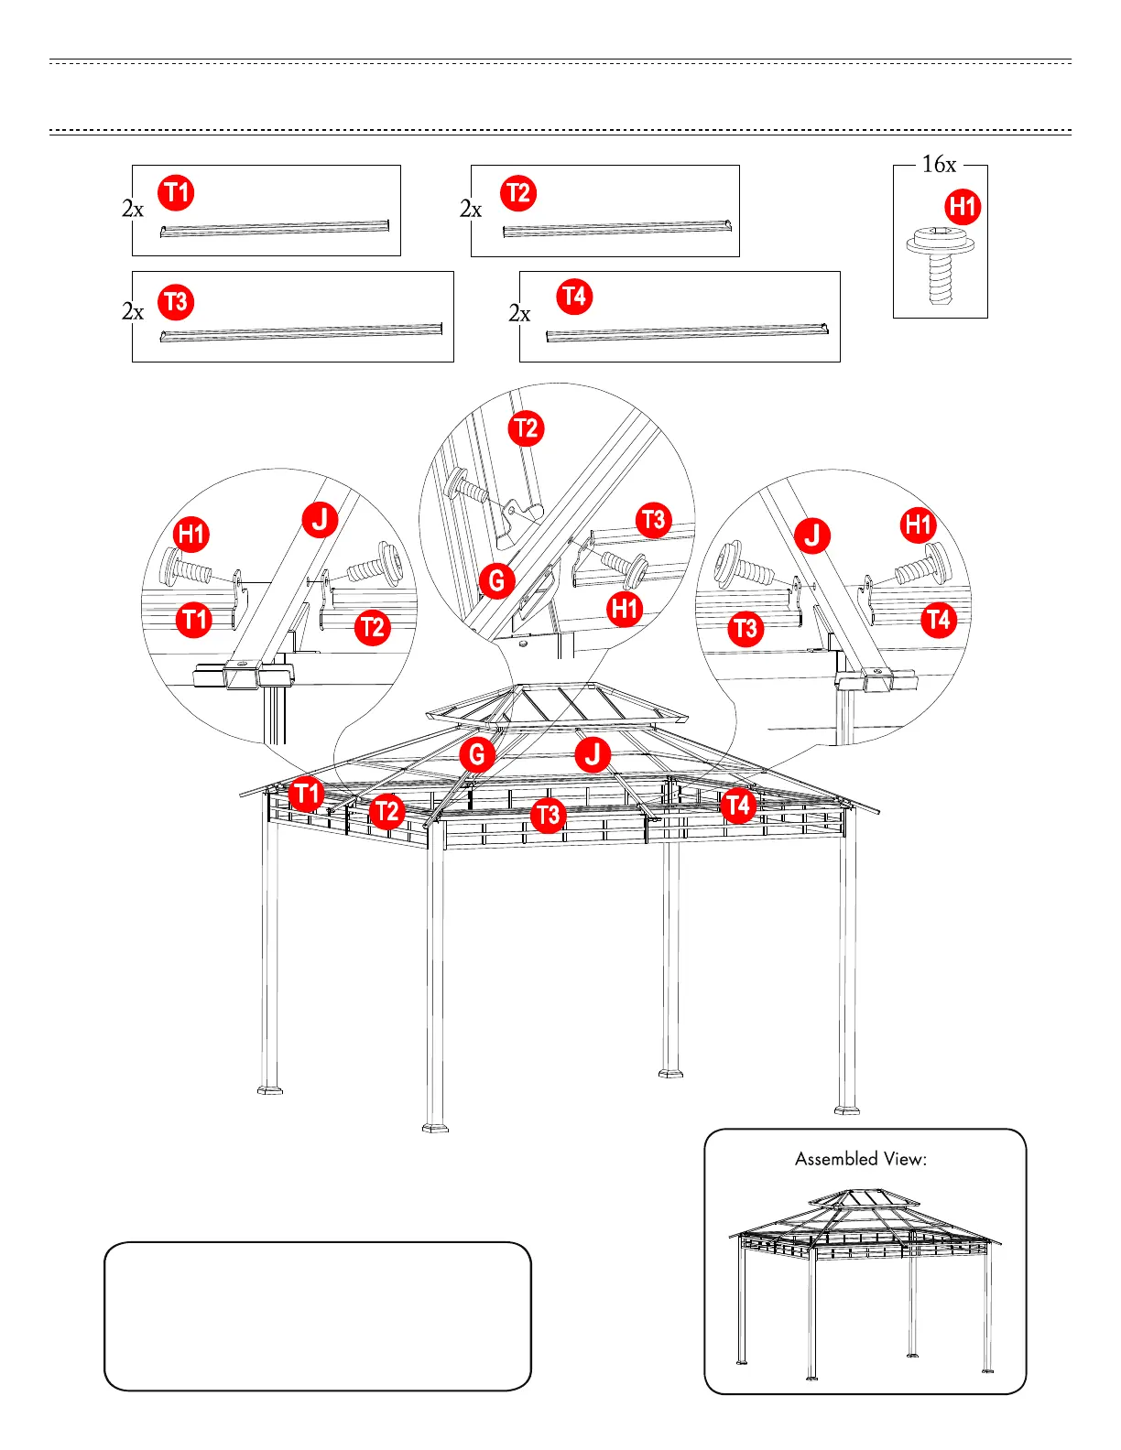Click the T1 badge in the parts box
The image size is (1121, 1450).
(x=176, y=193)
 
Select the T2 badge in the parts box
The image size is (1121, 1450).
(x=518, y=193)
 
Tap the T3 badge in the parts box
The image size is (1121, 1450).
(x=175, y=301)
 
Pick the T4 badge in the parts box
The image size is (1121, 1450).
(x=574, y=297)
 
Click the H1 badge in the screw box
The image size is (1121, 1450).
(x=963, y=207)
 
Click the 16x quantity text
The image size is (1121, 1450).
(x=939, y=165)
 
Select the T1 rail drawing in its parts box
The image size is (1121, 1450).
(x=275, y=228)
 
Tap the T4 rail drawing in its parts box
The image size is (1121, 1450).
(x=687, y=332)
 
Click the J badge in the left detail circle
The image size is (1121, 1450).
(x=321, y=519)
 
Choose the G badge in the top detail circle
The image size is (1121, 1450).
(x=496, y=580)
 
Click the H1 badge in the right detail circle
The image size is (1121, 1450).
(x=919, y=525)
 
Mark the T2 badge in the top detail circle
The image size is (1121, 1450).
(x=526, y=428)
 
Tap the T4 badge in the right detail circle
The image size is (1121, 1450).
(x=939, y=620)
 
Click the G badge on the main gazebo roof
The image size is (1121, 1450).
(x=477, y=755)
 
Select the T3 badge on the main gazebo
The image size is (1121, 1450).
(x=548, y=815)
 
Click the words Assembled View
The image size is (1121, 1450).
(x=861, y=1159)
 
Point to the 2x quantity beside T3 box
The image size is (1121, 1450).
(x=133, y=312)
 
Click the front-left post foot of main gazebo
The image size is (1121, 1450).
(x=435, y=1126)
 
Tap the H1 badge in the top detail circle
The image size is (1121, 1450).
(x=625, y=608)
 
